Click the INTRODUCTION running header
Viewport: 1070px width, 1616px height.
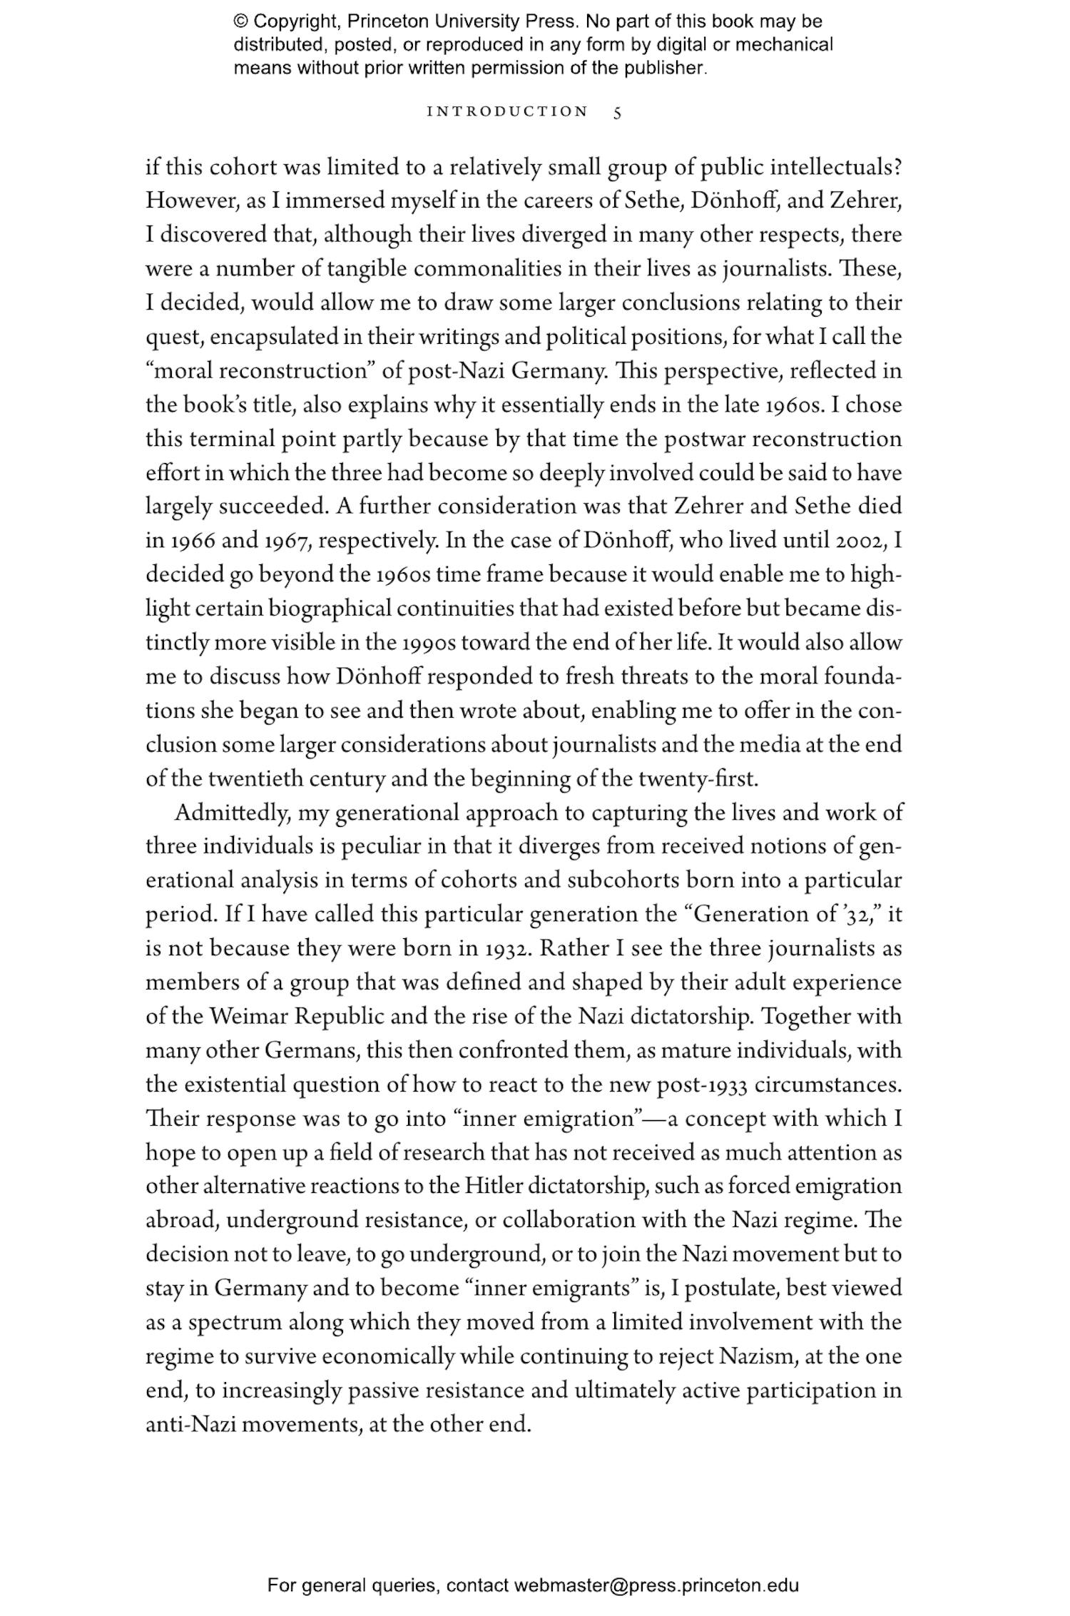[507, 112]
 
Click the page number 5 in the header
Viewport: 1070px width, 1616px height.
[618, 113]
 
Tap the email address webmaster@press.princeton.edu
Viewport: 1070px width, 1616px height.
[656, 1586]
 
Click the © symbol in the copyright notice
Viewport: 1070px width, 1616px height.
[240, 21]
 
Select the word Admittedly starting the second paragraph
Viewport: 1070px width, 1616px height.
[231, 813]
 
